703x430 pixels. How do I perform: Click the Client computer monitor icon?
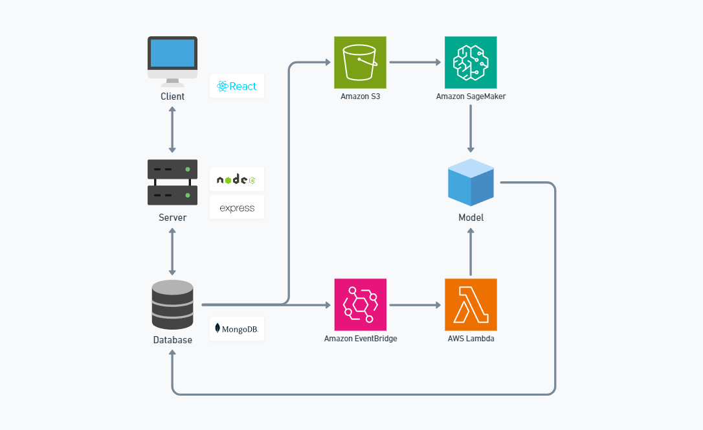[172, 60]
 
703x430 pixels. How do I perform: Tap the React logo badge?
[237, 86]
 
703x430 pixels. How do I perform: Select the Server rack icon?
[172, 182]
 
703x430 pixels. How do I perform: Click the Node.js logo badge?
[237, 179]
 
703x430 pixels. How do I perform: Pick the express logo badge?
[237, 208]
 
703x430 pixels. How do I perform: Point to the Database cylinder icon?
[172, 304]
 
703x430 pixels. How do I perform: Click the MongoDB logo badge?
[237, 329]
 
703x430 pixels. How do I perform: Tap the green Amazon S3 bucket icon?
[360, 62]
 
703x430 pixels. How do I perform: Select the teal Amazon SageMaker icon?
[471, 62]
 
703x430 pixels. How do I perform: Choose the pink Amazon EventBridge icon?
[360, 304]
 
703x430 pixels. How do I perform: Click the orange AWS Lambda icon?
[471, 304]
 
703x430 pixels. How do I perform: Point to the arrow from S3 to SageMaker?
[415, 63]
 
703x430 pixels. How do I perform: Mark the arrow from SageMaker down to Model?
[471, 128]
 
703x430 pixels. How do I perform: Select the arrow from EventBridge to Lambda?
[415, 304]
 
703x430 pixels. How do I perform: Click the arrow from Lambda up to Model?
[471, 252]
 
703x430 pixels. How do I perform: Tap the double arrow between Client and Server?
[172, 130]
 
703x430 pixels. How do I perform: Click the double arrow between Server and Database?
[172, 252]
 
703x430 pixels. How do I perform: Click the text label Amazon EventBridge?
[360, 339]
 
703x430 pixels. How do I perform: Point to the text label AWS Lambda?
[471, 339]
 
